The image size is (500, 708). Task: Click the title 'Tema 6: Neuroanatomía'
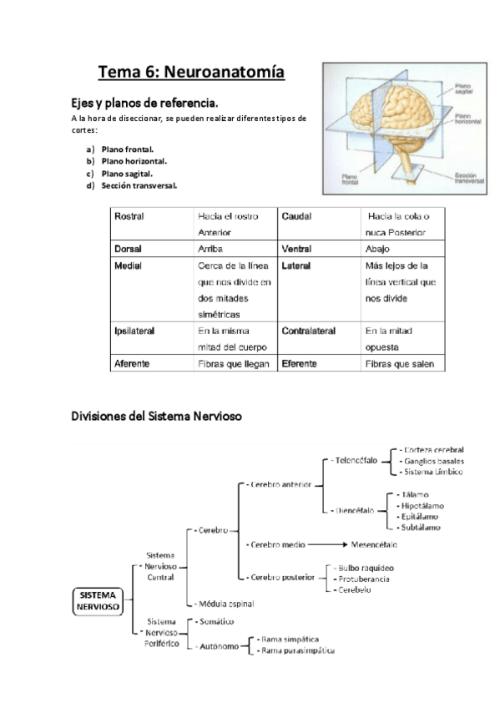[x=191, y=72]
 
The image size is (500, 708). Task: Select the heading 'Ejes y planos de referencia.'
[x=144, y=103]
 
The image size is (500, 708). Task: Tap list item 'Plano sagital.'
[x=127, y=173]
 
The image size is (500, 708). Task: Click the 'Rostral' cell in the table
[x=129, y=215]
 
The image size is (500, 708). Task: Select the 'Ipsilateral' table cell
[x=134, y=331]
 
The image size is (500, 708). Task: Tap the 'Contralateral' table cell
[x=309, y=331]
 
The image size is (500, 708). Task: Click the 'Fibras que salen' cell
[x=399, y=363]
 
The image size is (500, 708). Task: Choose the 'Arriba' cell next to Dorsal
[x=210, y=249]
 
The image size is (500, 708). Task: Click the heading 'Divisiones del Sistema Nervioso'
[x=156, y=415]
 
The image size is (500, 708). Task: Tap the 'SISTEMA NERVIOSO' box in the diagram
[x=98, y=599]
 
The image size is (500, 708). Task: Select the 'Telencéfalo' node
[x=355, y=460]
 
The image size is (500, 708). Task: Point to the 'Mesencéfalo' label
[x=374, y=544]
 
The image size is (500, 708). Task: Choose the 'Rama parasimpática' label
[x=297, y=650]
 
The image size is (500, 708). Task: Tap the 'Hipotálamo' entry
[x=422, y=505]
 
